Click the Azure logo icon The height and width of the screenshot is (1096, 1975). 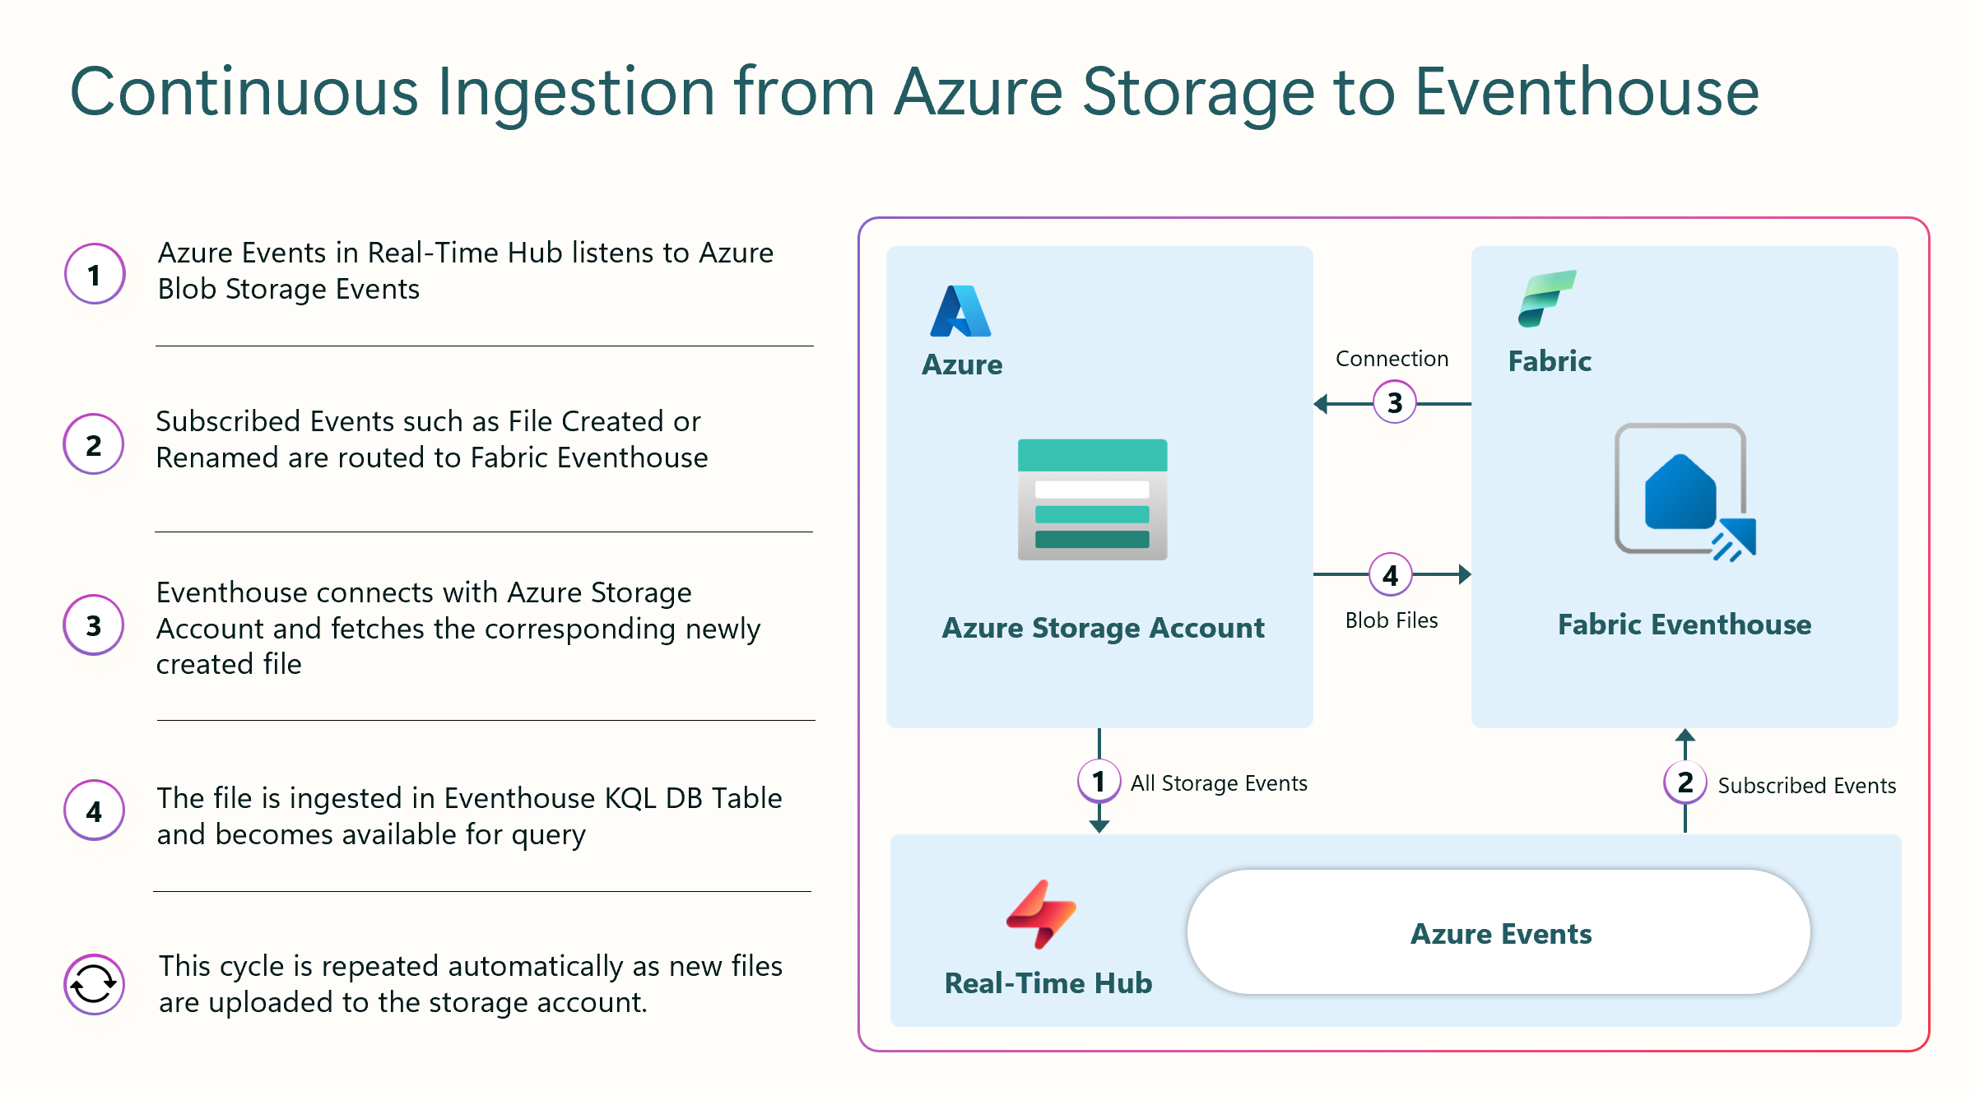[x=960, y=311]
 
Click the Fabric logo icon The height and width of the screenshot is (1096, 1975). [x=1547, y=298]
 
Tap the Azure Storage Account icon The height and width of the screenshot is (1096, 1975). [x=1092, y=499]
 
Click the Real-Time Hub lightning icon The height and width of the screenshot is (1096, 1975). [x=1041, y=914]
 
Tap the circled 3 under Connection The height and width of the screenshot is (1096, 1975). [x=1395, y=402]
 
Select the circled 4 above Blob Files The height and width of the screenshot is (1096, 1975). [x=1391, y=574]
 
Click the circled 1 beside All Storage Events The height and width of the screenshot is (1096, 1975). [x=1099, y=781]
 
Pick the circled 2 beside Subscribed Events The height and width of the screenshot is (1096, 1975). [x=1685, y=782]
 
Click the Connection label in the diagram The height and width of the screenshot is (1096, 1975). [x=1392, y=359]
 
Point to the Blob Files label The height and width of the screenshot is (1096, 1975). [x=1392, y=620]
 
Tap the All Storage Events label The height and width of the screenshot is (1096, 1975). [x=1219, y=783]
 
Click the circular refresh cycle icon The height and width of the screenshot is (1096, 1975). [x=94, y=984]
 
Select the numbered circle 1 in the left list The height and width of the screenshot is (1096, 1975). [x=95, y=274]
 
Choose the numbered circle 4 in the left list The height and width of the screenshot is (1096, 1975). [x=95, y=810]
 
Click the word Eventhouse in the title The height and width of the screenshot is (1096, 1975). [x=1587, y=91]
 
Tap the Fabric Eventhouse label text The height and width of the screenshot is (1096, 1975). [x=1685, y=625]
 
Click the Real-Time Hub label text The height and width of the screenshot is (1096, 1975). [x=1048, y=983]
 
